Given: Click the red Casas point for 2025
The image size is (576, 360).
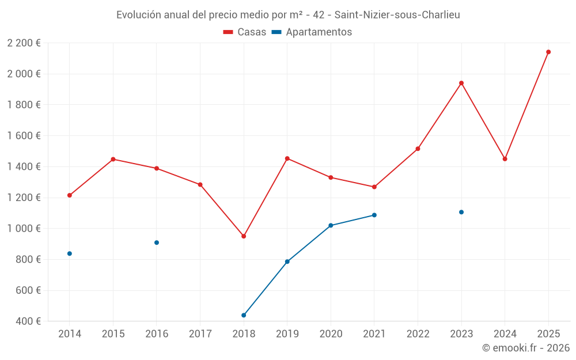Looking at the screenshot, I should tap(548, 52).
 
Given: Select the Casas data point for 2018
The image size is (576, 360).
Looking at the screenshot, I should tap(244, 236).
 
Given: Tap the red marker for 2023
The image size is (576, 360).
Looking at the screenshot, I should tap(461, 83).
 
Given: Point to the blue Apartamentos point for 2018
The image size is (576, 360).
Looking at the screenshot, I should tap(244, 315).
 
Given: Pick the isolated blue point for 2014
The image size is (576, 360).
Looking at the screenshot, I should tap(70, 253).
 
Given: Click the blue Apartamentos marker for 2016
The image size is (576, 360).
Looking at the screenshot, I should tap(157, 242).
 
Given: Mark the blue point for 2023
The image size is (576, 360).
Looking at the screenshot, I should tap(461, 212).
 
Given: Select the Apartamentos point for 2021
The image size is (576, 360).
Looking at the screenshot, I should tap(374, 215).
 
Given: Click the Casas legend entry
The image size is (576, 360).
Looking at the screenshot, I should tap(245, 32).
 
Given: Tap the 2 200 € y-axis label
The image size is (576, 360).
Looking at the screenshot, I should tap(24, 43).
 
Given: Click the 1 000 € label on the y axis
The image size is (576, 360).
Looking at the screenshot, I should tap(24, 229).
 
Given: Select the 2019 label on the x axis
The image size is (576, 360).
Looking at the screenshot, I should tap(287, 334).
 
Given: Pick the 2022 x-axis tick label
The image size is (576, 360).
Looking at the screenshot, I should tap(418, 334).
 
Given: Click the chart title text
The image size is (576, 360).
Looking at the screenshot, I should tap(288, 15).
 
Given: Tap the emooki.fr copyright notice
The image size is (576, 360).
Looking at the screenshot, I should tap(525, 348).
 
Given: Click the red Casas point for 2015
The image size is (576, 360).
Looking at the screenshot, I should tap(113, 159).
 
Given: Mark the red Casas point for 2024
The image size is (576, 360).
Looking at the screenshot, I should tap(505, 159).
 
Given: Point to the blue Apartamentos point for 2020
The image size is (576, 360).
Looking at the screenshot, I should tap(331, 225).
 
